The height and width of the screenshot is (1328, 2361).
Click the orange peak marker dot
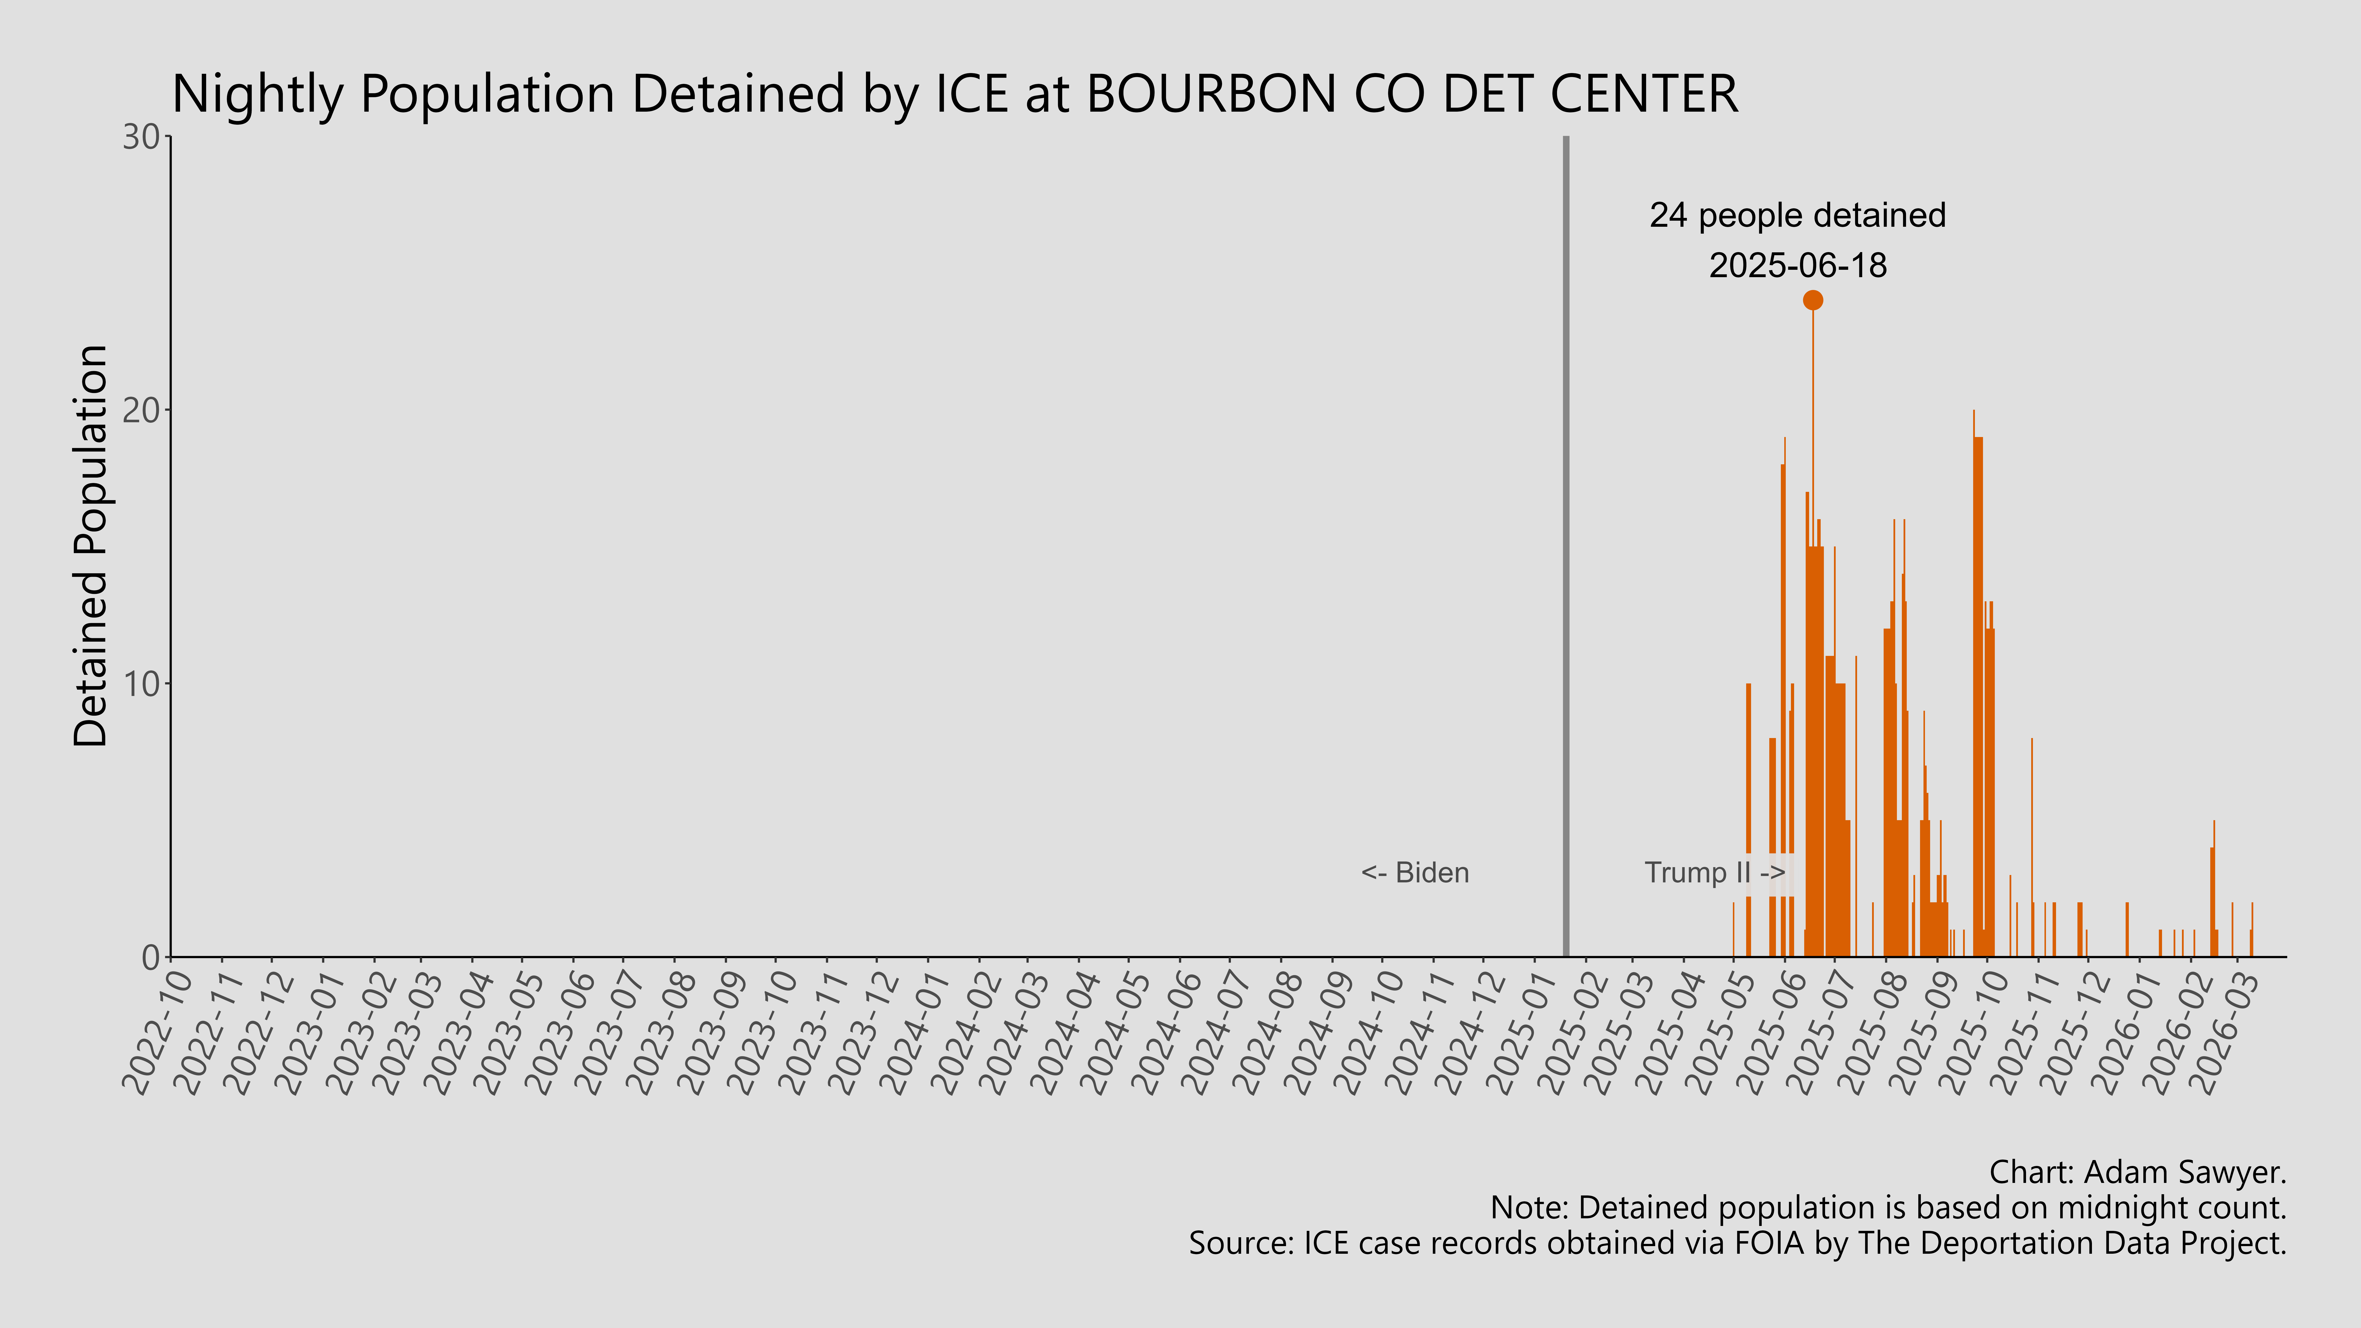click(x=1812, y=300)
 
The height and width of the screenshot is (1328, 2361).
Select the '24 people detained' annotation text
click(x=1797, y=215)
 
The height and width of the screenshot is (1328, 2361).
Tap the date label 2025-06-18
click(x=1797, y=266)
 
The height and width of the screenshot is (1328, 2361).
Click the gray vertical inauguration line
click(x=1565, y=550)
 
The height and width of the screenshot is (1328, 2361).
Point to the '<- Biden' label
click(x=1415, y=873)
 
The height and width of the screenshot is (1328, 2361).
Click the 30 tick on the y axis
click(x=142, y=137)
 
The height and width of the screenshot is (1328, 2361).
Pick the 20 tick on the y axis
click(x=142, y=411)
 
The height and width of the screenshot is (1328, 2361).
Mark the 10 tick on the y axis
click(x=142, y=684)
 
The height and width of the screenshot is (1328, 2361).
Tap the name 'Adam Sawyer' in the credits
click(x=2181, y=1172)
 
